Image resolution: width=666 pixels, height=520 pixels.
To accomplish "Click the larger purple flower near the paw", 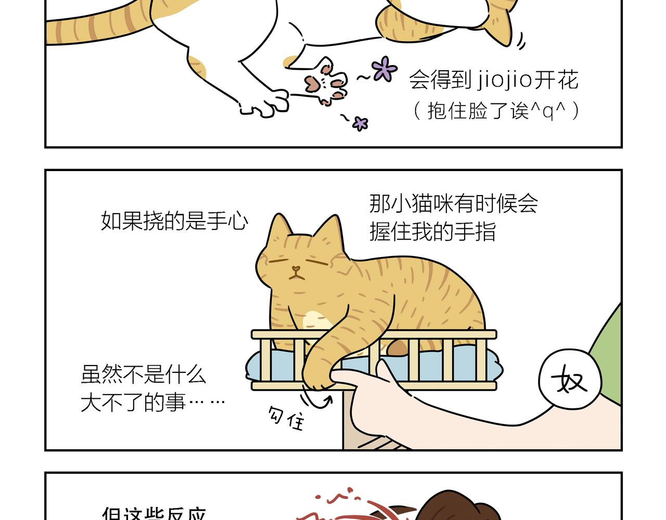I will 385,69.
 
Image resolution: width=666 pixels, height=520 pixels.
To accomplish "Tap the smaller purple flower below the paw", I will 360,123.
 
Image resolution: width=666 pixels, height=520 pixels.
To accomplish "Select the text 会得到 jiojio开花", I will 493,81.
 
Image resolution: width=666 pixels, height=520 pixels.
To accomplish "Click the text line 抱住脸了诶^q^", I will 496,111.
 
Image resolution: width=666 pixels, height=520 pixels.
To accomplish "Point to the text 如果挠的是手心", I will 174,221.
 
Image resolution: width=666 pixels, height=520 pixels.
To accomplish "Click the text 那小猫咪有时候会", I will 453,203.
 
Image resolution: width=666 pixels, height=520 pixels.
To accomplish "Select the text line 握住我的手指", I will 432,231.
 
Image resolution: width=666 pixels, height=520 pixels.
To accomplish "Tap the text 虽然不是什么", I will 144,374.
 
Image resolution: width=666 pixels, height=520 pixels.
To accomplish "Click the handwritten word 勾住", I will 286,418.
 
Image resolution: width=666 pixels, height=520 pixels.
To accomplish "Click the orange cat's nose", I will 296,269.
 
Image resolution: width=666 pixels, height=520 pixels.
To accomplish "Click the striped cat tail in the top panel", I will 94,26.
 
